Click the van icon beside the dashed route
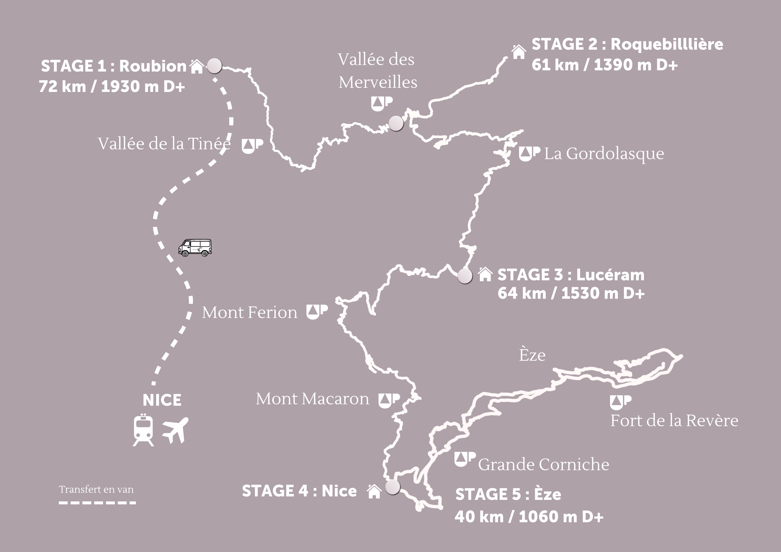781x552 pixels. (195, 248)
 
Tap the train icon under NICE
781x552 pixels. (143, 430)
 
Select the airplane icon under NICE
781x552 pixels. (175, 430)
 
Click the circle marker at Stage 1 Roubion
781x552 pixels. (215, 66)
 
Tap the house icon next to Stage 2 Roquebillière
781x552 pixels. (518, 52)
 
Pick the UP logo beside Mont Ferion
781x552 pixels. (317, 312)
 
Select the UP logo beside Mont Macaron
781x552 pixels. (389, 401)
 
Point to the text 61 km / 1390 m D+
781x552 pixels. (604, 65)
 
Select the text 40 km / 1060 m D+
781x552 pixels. (529, 517)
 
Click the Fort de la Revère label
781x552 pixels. (674, 420)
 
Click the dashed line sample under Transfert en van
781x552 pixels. (97, 503)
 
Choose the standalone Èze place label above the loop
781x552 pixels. (532, 355)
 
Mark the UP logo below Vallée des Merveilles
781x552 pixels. (381, 104)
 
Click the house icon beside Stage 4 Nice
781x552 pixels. (374, 491)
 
